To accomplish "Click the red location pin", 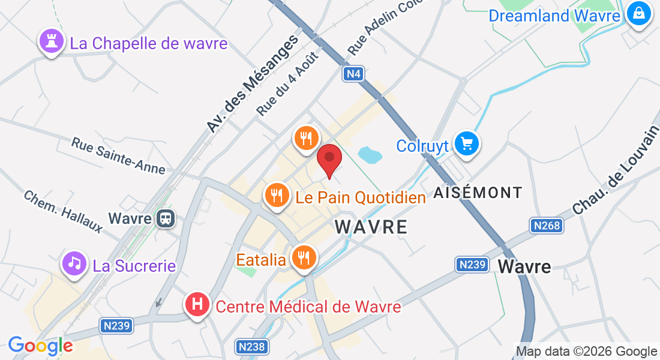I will pyautogui.click(x=329, y=158).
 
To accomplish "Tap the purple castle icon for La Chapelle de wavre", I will pyautogui.click(x=50, y=41).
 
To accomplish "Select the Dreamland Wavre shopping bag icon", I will pyautogui.click(x=638, y=13).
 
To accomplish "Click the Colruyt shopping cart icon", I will pyautogui.click(x=466, y=144).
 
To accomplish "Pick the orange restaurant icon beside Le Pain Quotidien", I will pyautogui.click(x=277, y=196).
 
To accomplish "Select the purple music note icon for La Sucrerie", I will pyautogui.click(x=74, y=263).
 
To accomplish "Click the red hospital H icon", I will pyautogui.click(x=197, y=305).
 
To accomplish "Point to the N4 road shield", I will pyautogui.click(x=353, y=74).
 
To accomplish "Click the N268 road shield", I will pyautogui.click(x=546, y=226).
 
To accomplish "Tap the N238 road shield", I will pyautogui.click(x=251, y=347).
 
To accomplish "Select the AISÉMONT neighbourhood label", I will pyautogui.click(x=478, y=193).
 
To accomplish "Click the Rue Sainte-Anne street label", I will pyautogui.click(x=118, y=156).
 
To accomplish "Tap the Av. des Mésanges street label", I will pyautogui.click(x=252, y=84).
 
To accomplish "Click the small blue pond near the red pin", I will pyautogui.click(x=370, y=155).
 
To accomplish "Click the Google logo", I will pyautogui.click(x=40, y=346).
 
